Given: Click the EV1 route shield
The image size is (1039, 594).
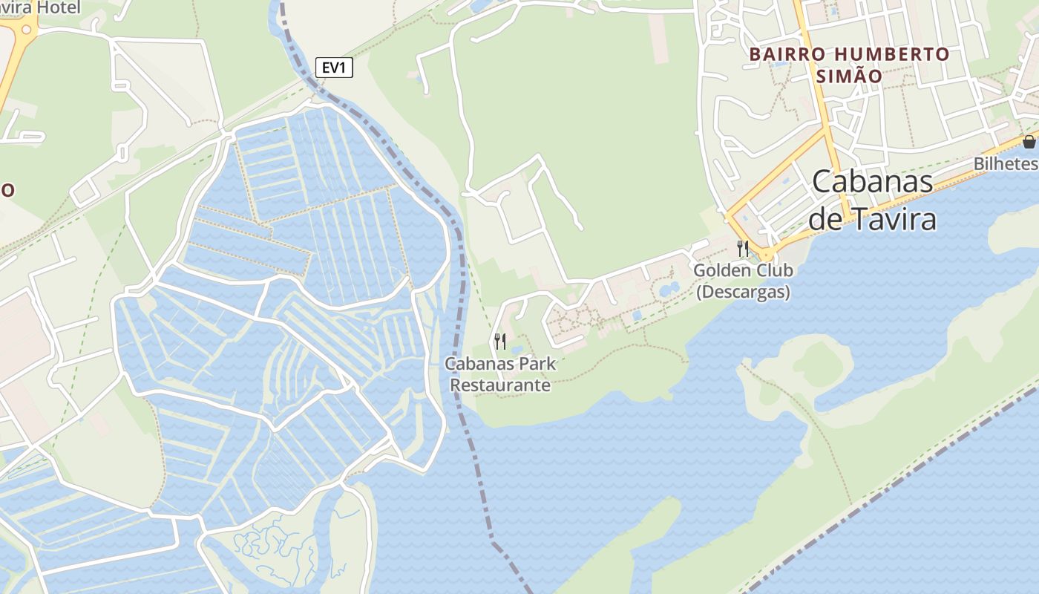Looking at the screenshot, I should [334, 68].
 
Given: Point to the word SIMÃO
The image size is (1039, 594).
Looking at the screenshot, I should [849, 76].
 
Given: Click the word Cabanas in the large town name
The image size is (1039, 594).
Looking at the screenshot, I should [873, 183].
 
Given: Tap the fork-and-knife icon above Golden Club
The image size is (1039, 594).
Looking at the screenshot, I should [742, 248].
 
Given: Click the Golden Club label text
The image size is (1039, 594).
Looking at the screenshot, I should [742, 270].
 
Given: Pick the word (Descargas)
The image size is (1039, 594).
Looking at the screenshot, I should [742, 292].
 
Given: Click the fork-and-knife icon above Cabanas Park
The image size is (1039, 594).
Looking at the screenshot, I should [500, 342].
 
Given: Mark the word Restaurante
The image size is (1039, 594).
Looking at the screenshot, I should [500, 385].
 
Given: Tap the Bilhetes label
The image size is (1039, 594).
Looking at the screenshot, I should [1006, 163].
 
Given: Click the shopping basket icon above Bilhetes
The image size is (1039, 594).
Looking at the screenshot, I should [1029, 142].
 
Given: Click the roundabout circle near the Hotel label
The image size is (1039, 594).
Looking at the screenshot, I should [27, 30].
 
